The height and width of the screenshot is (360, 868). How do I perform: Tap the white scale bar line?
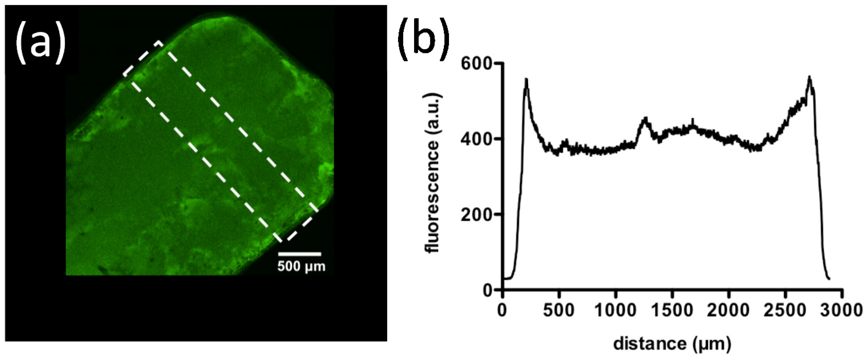click(x=300, y=254)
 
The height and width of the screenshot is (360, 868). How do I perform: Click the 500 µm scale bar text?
click(x=302, y=267)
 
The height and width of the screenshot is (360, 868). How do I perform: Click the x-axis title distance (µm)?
click(x=672, y=344)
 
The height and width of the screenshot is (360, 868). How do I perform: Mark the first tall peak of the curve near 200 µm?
click(x=526, y=80)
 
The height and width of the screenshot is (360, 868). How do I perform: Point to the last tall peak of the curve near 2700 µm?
click(x=809, y=77)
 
